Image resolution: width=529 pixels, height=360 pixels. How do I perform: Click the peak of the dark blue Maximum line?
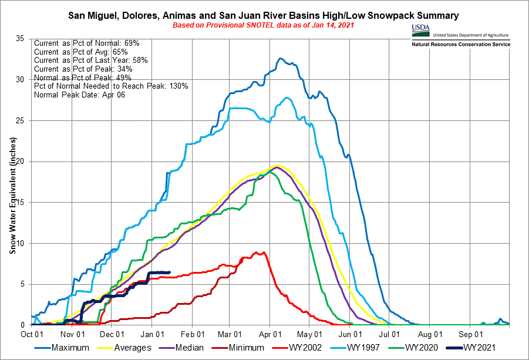281,58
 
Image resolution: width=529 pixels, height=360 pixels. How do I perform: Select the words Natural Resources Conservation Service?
461,45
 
